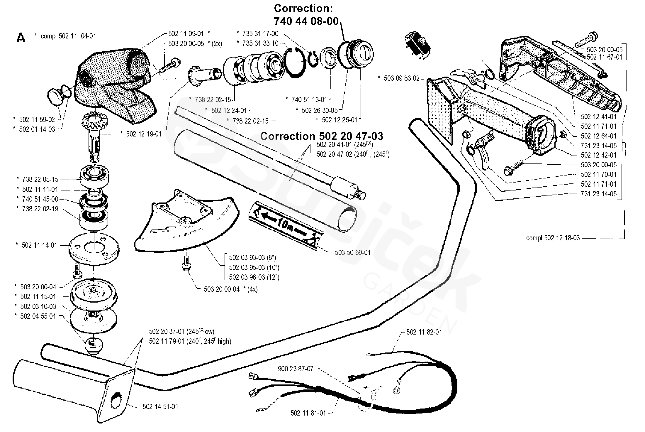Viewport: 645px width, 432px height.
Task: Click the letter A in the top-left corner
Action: [21, 38]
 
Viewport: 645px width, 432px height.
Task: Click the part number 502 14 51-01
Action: [160, 406]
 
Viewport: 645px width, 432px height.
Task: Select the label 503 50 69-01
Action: [352, 252]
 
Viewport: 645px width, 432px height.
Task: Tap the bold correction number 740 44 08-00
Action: [306, 21]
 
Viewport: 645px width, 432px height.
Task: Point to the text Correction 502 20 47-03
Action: [322, 136]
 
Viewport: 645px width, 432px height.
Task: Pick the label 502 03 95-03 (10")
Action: [254, 267]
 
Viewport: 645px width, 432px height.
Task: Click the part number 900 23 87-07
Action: [295, 369]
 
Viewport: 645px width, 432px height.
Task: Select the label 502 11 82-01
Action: [424, 332]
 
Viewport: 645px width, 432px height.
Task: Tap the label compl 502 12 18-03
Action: [553, 238]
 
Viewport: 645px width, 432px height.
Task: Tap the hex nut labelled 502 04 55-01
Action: [94, 345]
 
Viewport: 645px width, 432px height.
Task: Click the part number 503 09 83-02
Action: [402, 78]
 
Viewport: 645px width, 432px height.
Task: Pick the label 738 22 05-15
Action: [40, 179]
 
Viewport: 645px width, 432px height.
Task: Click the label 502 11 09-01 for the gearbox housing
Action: [186, 34]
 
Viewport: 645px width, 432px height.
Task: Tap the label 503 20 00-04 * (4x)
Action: [230, 289]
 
